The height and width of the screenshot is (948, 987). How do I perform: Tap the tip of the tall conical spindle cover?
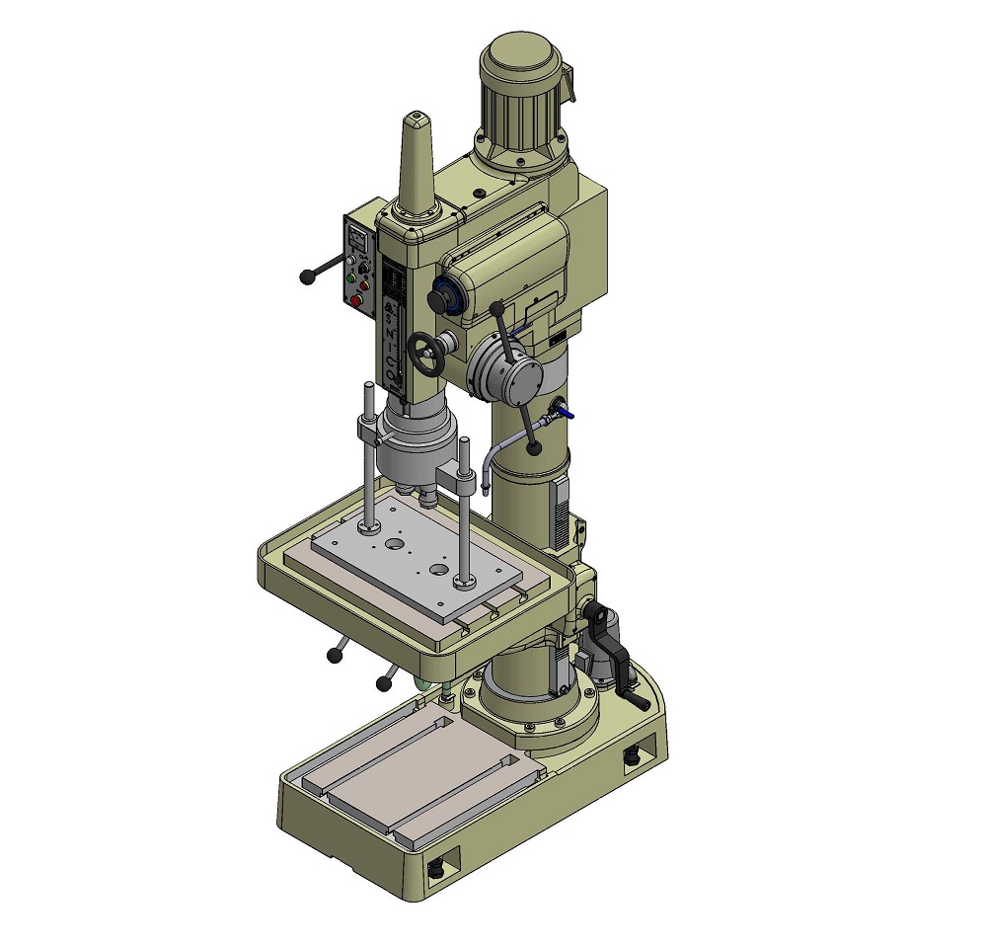point(418,120)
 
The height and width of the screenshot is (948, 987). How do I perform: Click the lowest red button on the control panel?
point(355,300)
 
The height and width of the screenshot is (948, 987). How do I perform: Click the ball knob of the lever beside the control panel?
point(308,277)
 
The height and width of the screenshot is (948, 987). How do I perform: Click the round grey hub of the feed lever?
point(505,372)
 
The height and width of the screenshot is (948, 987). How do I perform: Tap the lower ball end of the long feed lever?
point(534,448)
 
